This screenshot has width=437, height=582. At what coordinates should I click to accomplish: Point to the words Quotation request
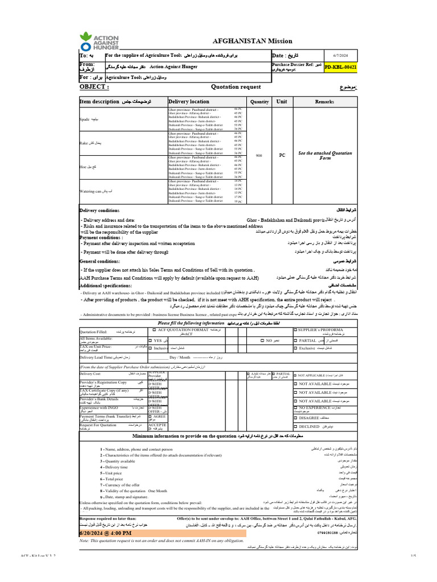click(x=236, y=86)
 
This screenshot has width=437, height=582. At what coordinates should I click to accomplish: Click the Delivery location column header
click(x=189, y=101)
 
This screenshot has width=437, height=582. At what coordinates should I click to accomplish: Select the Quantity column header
click(x=259, y=101)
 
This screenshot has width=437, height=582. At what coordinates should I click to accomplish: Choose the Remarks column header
click(x=325, y=101)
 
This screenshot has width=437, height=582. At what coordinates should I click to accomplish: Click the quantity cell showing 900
click(x=259, y=155)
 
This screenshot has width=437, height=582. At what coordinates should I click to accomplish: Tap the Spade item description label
click(x=86, y=120)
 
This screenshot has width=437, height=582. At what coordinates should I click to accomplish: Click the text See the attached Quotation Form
click(x=325, y=155)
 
